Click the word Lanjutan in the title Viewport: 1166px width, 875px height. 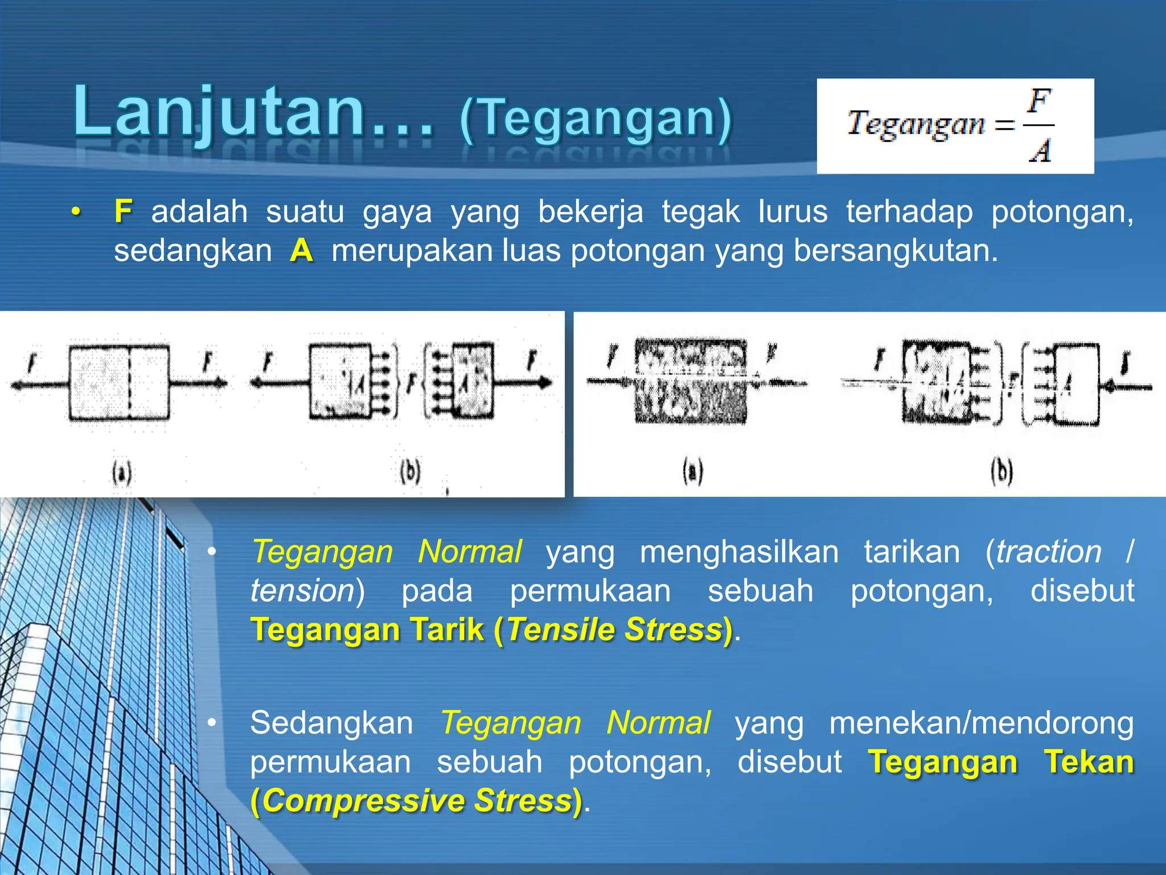click(x=219, y=112)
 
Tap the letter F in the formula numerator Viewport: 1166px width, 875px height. click(x=1039, y=101)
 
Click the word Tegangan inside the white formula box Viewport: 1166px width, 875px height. click(x=915, y=124)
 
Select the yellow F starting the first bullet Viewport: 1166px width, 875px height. click(x=123, y=211)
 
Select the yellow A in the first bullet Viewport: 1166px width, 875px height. click(x=301, y=250)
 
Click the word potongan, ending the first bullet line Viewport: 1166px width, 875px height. click(x=1062, y=212)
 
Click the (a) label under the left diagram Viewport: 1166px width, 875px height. click(x=122, y=473)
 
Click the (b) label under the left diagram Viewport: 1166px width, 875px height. click(x=410, y=472)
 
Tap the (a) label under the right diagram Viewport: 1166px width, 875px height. click(x=692, y=472)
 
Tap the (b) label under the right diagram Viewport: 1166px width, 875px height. click(x=1001, y=472)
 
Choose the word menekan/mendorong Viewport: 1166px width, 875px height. click(x=980, y=723)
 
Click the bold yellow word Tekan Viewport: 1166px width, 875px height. click(x=1088, y=762)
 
